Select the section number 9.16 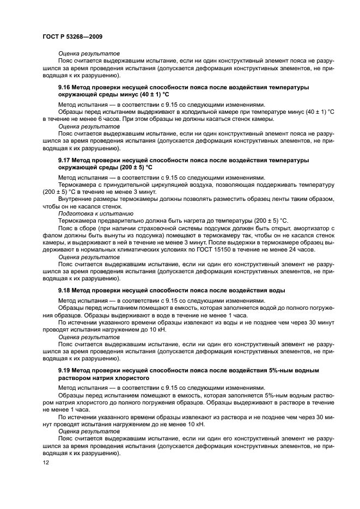pyautogui.click(x=66, y=87)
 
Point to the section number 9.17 pyautogui.click(x=66, y=161)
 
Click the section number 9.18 pyautogui.click(x=66, y=291)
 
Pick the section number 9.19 pyautogui.click(x=66, y=370)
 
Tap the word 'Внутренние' pyautogui.click(x=75, y=199)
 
